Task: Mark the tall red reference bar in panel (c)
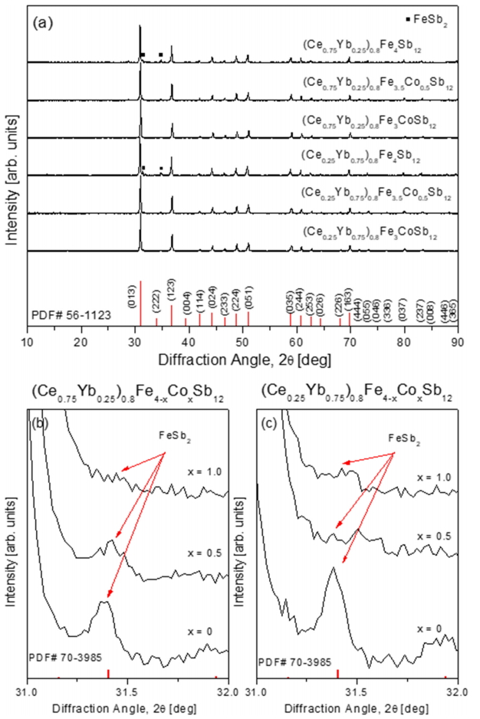tap(337, 673)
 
